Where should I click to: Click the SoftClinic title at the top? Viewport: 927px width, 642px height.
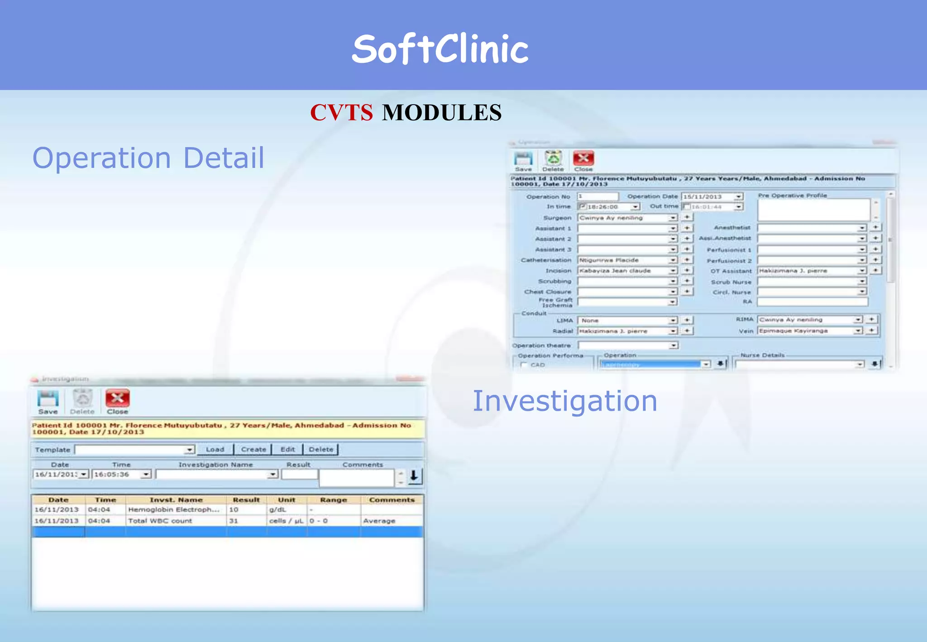coord(440,49)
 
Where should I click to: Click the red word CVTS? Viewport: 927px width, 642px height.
coord(341,112)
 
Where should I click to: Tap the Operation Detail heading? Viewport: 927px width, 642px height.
coord(148,158)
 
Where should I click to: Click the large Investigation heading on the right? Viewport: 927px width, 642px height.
coord(564,401)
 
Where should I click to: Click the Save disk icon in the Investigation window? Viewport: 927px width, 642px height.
coord(48,399)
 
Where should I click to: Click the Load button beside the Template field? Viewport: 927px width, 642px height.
coord(215,450)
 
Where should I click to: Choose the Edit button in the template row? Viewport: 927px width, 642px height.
coord(287,450)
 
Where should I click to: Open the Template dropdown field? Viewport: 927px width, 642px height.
coord(134,450)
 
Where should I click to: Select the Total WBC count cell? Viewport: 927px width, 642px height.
coord(160,521)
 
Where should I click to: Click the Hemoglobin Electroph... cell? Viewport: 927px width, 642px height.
coord(174,510)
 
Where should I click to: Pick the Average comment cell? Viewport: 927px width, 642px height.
coord(379,521)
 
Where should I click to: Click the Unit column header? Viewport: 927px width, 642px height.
coord(287,500)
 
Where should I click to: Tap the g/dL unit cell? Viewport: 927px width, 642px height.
coord(278,510)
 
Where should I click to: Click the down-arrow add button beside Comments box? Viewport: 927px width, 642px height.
coord(414,476)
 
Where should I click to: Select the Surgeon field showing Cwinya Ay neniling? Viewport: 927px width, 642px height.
coord(624,218)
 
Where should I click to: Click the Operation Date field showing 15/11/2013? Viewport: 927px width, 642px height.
coord(708,196)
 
